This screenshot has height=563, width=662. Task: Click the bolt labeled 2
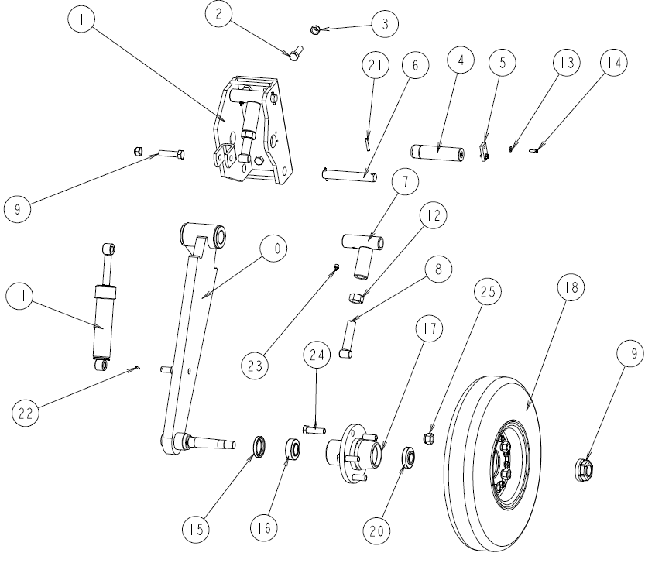(294, 54)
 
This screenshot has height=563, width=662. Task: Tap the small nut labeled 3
(314, 31)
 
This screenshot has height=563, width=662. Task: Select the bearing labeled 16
(294, 449)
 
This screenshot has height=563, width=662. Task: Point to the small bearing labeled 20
(407, 458)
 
